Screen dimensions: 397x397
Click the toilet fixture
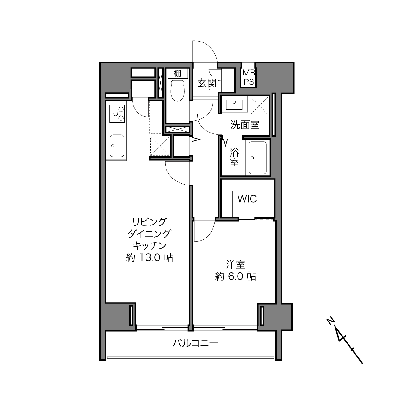pos(177,91)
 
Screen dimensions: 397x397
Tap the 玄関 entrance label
pos(207,83)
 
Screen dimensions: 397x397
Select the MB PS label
pos(249,77)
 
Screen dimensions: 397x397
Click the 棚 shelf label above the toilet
pos(177,74)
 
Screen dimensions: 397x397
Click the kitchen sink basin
pos(117,146)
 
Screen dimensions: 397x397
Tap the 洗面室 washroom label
pos(245,125)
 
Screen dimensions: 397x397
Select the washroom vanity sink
pos(234,104)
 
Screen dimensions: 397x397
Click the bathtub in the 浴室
pos(257,158)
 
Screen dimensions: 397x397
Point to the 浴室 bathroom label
pos(234,157)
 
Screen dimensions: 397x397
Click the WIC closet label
pos(247,199)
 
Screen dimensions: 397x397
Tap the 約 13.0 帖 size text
pos(150,257)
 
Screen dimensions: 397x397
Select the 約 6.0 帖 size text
pos(236,276)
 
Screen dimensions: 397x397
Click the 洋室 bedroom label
pos(236,265)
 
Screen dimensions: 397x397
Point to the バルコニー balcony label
pos(195,343)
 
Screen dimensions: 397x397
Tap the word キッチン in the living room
pos(150,245)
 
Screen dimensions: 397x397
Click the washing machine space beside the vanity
pos(259,106)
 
